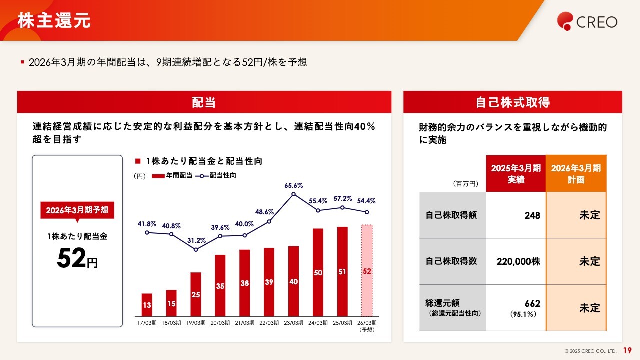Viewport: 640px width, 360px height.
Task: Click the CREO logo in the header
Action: (587, 21)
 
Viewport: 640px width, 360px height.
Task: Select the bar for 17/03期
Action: (147, 305)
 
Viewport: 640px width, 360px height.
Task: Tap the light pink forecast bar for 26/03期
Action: (367, 270)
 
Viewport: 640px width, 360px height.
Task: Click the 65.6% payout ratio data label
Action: (294, 185)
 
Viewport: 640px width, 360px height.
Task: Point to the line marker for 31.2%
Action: (196, 249)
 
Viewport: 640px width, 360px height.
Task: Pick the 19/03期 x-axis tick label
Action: (196, 323)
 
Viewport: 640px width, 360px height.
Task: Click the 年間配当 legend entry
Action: (172, 176)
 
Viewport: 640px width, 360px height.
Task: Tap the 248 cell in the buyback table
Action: (532, 215)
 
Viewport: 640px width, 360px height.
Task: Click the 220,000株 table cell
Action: (518, 261)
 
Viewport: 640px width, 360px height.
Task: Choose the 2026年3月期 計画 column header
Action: (576, 173)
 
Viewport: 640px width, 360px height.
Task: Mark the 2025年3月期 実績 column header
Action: (516, 173)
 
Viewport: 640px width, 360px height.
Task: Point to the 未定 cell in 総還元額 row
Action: (589, 308)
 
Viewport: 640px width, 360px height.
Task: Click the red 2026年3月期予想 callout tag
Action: (77, 210)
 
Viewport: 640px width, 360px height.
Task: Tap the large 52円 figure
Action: (77, 259)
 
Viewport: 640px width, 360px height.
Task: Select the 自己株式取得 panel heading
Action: (512, 102)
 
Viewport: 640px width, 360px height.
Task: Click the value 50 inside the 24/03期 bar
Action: (318, 273)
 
